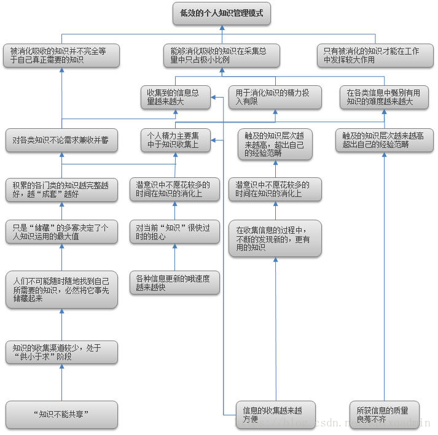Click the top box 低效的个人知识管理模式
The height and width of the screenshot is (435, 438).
click(x=221, y=13)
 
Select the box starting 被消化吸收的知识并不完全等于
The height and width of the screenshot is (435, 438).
click(x=61, y=56)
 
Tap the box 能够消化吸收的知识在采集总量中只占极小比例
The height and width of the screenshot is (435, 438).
click(x=222, y=56)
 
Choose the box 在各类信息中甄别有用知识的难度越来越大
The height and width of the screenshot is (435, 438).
click(x=384, y=97)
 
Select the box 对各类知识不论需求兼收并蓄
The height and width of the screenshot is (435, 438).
click(x=61, y=141)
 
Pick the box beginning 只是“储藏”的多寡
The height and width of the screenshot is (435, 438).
click(x=61, y=232)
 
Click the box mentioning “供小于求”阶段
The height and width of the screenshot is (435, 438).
click(x=61, y=352)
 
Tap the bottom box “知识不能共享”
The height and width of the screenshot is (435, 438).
click(x=61, y=414)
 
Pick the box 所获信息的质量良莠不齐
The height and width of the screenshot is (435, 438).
click(x=384, y=414)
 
